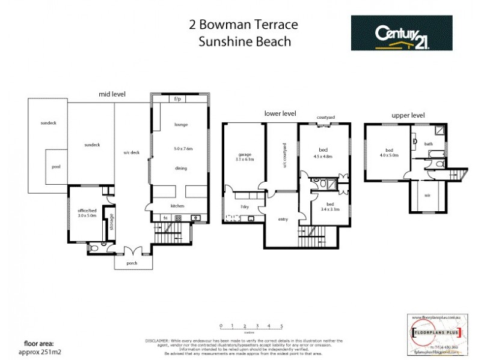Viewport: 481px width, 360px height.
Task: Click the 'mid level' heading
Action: (x=112, y=94)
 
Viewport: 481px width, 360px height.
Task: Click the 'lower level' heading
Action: (x=280, y=113)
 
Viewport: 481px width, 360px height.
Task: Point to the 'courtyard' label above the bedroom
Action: (x=325, y=118)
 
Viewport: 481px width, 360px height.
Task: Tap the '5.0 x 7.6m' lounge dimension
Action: (x=181, y=148)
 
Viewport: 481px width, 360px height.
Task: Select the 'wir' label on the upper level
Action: (x=427, y=195)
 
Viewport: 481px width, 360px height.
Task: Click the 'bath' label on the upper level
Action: (x=428, y=144)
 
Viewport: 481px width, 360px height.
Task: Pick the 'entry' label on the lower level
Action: (x=283, y=219)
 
